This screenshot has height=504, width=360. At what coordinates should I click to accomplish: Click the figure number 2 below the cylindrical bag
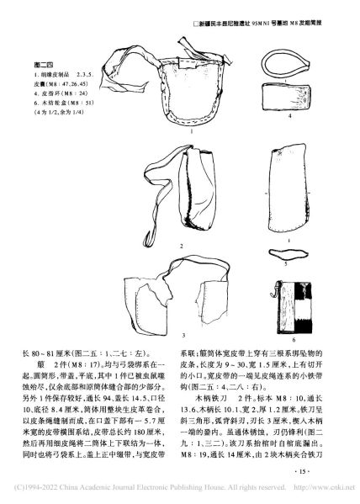181,244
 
